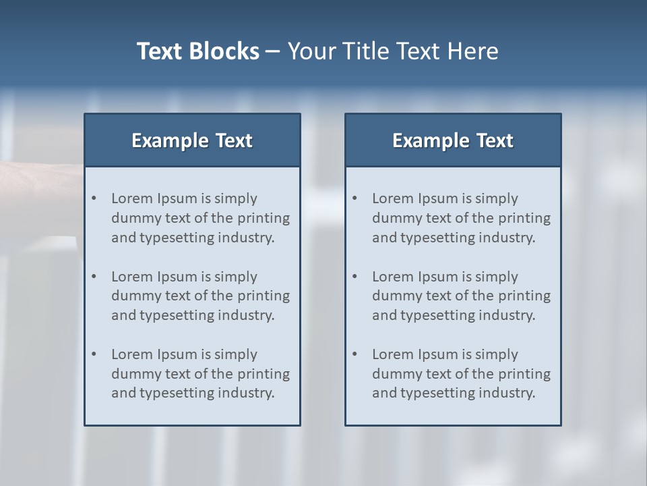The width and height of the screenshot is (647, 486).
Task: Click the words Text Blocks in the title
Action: [x=197, y=51]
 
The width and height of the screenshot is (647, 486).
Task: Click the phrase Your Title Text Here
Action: [x=393, y=51]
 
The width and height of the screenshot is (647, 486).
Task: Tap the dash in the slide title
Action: [x=273, y=51]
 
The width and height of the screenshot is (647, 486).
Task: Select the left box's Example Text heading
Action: [x=192, y=140]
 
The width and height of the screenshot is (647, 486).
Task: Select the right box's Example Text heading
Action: [x=453, y=140]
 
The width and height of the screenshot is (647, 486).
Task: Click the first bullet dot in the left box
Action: [x=94, y=198]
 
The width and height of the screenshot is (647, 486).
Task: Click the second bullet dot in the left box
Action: [x=94, y=277]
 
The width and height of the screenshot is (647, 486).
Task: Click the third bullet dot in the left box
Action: [x=94, y=354]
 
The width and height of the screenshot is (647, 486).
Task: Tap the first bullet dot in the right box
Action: [x=355, y=198]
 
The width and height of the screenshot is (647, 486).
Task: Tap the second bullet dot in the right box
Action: [x=355, y=277]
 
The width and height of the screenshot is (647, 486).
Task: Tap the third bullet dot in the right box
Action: [x=355, y=354]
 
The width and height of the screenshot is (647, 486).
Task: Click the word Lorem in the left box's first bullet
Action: [x=132, y=198]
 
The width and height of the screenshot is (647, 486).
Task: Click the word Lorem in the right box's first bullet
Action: [x=393, y=198]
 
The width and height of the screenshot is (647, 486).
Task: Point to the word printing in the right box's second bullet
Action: [x=524, y=296]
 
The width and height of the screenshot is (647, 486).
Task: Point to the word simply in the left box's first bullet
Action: [x=236, y=198]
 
